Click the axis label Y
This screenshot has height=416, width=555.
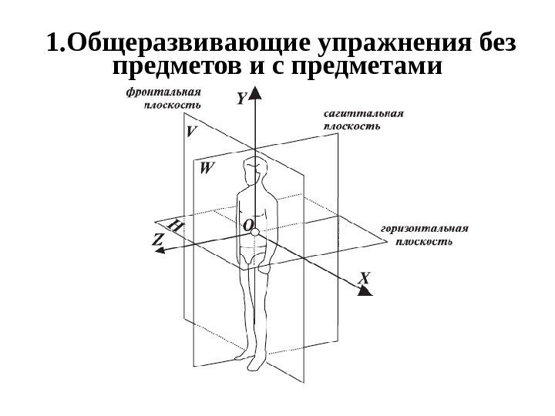241,99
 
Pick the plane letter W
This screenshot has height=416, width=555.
207,167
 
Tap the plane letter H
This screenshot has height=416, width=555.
176,226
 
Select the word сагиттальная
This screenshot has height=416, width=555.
362,114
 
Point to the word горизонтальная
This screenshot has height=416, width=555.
425,229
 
